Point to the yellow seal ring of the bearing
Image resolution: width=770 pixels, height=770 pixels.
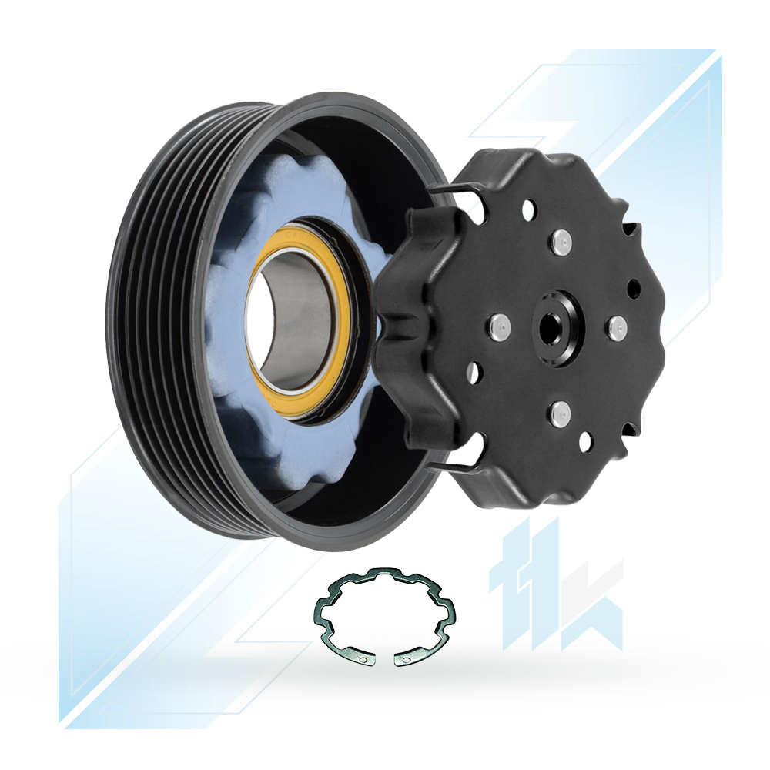(x=299, y=320)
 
